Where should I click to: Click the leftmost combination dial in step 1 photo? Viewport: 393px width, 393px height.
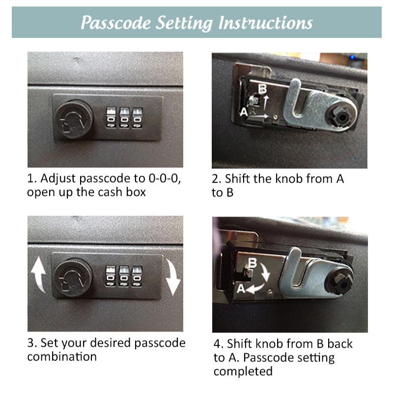click(112, 118)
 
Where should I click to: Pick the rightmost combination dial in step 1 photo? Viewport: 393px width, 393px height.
click(138, 118)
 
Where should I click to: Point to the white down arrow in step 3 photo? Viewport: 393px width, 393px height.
click(172, 277)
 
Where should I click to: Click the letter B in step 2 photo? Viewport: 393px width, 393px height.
click(262, 89)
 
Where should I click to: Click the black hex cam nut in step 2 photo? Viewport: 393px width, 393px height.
click(342, 117)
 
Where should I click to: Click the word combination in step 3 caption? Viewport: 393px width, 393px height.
click(61, 356)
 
